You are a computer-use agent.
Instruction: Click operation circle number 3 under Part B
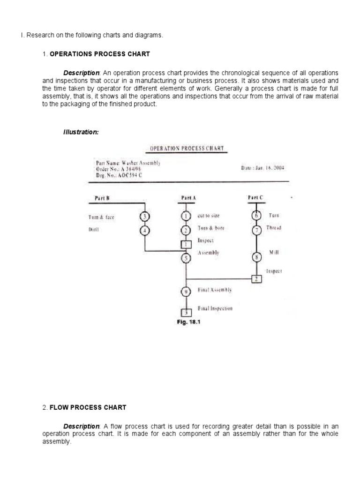tap(145, 216)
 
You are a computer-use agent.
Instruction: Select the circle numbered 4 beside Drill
tap(145, 230)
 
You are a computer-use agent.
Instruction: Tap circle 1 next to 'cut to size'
tap(186, 216)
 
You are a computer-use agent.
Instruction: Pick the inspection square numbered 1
tap(186, 244)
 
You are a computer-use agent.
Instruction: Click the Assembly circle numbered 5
tap(186, 257)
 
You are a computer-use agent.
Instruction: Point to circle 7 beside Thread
tap(256, 230)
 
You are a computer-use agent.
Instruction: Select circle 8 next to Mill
tap(256, 257)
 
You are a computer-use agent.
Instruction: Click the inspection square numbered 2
tap(256, 279)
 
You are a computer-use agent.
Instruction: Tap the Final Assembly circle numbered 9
tap(186, 292)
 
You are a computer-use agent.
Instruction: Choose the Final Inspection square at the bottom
tap(186, 312)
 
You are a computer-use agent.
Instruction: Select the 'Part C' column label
tap(256, 198)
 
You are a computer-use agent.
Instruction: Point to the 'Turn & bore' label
tap(211, 228)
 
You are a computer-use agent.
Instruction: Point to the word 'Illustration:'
tap(81, 132)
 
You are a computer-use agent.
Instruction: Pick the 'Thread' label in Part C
tap(275, 228)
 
